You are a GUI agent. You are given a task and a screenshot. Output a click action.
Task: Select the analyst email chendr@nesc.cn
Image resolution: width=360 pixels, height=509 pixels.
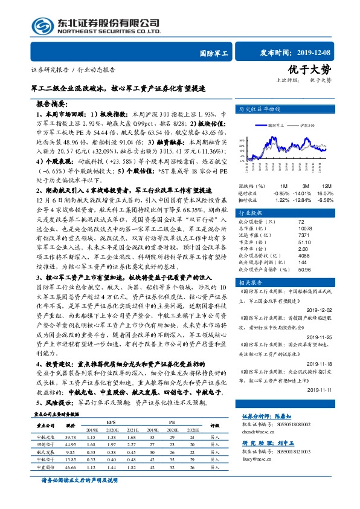click(259, 432)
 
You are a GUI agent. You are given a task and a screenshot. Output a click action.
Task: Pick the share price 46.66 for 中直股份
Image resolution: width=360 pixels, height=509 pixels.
click(69, 467)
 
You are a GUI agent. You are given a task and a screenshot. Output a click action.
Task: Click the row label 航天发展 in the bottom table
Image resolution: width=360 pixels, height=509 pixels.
click(46, 452)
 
